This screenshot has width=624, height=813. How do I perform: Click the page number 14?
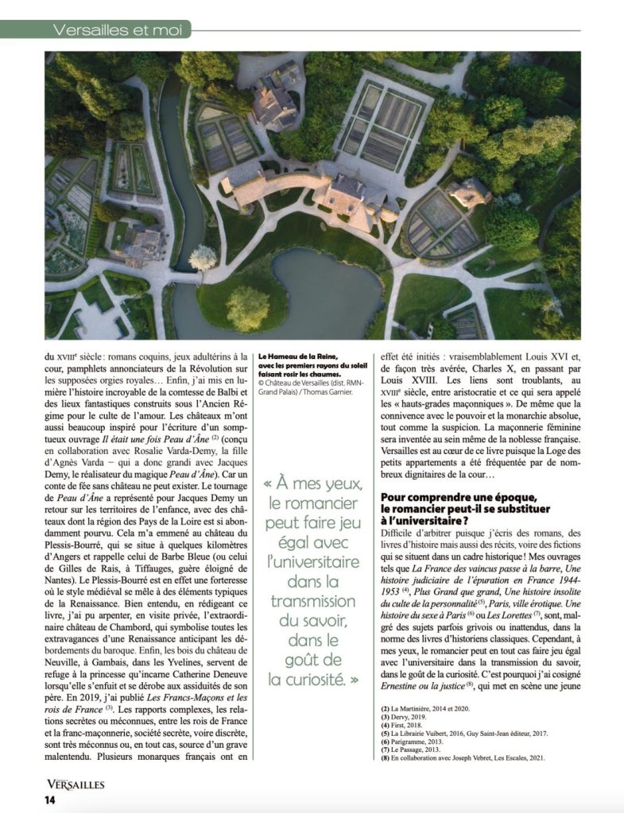click(49, 799)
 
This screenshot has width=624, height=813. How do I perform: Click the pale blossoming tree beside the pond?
click(203, 256)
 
